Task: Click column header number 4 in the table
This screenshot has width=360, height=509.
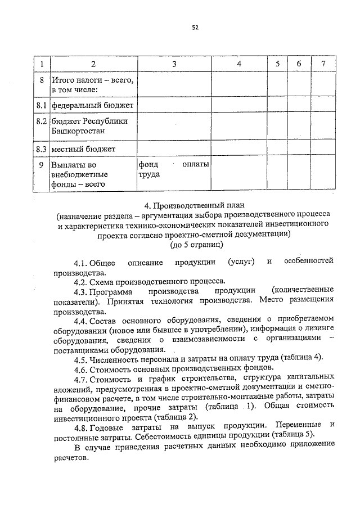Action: (239, 64)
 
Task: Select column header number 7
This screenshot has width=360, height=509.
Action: (322, 64)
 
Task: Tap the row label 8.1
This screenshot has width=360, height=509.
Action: (40, 105)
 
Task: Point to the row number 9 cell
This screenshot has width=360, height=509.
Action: (40, 165)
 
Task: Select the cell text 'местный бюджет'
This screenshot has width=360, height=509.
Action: (83, 149)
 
